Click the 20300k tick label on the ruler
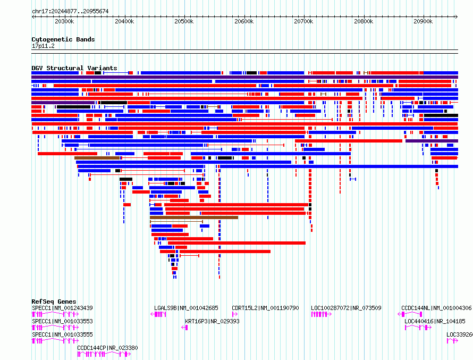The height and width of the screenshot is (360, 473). tap(64, 21)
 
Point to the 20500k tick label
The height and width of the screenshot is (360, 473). tap(184, 21)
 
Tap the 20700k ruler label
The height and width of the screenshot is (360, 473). tap(303, 21)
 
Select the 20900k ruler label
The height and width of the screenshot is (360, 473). tap(423, 21)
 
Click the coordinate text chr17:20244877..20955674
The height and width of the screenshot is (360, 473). tap(70, 12)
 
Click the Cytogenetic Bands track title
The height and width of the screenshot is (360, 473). tap(63, 39)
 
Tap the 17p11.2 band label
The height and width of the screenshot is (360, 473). tap(43, 46)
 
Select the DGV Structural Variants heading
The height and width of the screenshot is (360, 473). tap(74, 68)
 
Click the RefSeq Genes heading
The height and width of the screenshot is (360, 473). tap(54, 302)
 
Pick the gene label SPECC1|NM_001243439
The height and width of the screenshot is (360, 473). tap(62, 308)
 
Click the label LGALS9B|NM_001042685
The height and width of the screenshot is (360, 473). tap(186, 308)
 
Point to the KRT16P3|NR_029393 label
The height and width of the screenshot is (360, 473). tap(213, 321)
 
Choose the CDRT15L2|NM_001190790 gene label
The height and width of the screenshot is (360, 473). tap(265, 308)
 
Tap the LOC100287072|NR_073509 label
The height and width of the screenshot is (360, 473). tap(347, 308)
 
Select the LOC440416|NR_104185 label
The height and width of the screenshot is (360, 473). tap(435, 321)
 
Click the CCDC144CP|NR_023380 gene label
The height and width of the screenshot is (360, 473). tap(107, 348)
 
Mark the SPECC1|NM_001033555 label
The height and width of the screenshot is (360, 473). tap(62, 334)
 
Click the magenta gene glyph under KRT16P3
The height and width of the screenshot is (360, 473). tap(184, 328)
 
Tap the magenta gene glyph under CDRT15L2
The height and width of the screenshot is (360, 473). tap(235, 314)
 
